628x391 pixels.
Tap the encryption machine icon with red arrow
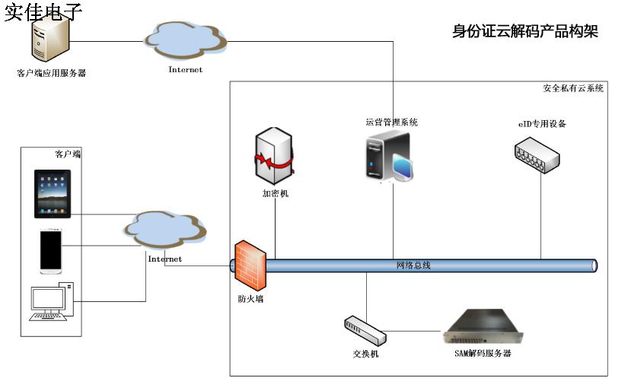[275, 157]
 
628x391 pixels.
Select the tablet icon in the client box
[53, 194]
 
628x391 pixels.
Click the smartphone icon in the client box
[52, 250]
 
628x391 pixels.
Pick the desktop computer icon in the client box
[52, 302]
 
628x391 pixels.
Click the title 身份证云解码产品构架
[525, 31]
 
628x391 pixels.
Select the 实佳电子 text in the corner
[43, 11]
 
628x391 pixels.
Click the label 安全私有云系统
[573, 88]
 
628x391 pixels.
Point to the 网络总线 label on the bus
[413, 265]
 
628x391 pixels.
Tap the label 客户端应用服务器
[51, 74]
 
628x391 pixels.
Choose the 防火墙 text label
[250, 299]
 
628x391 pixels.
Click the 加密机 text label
[275, 193]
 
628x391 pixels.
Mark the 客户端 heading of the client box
[68, 154]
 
